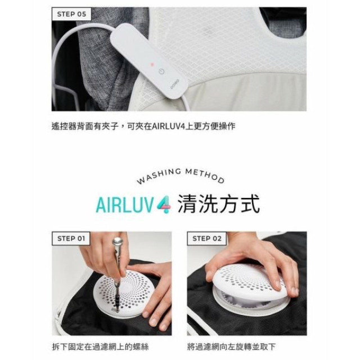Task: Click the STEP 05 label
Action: pyautogui.click(x=72, y=14)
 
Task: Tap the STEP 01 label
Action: pyautogui.click(x=71, y=238)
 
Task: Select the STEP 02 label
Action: pyautogui.click(x=206, y=238)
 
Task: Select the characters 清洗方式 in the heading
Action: pyautogui.click(x=218, y=204)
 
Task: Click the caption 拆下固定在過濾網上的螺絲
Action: pyautogui.click(x=100, y=346)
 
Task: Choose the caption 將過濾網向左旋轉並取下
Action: pyautogui.click(x=231, y=346)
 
